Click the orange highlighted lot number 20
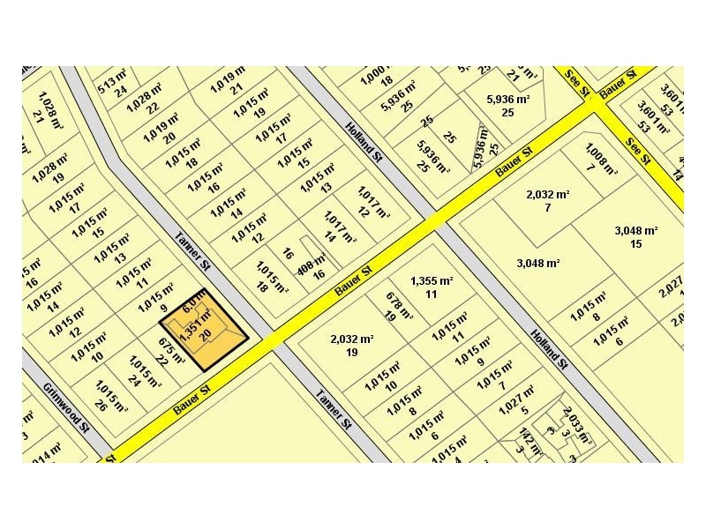[x=206, y=333]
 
